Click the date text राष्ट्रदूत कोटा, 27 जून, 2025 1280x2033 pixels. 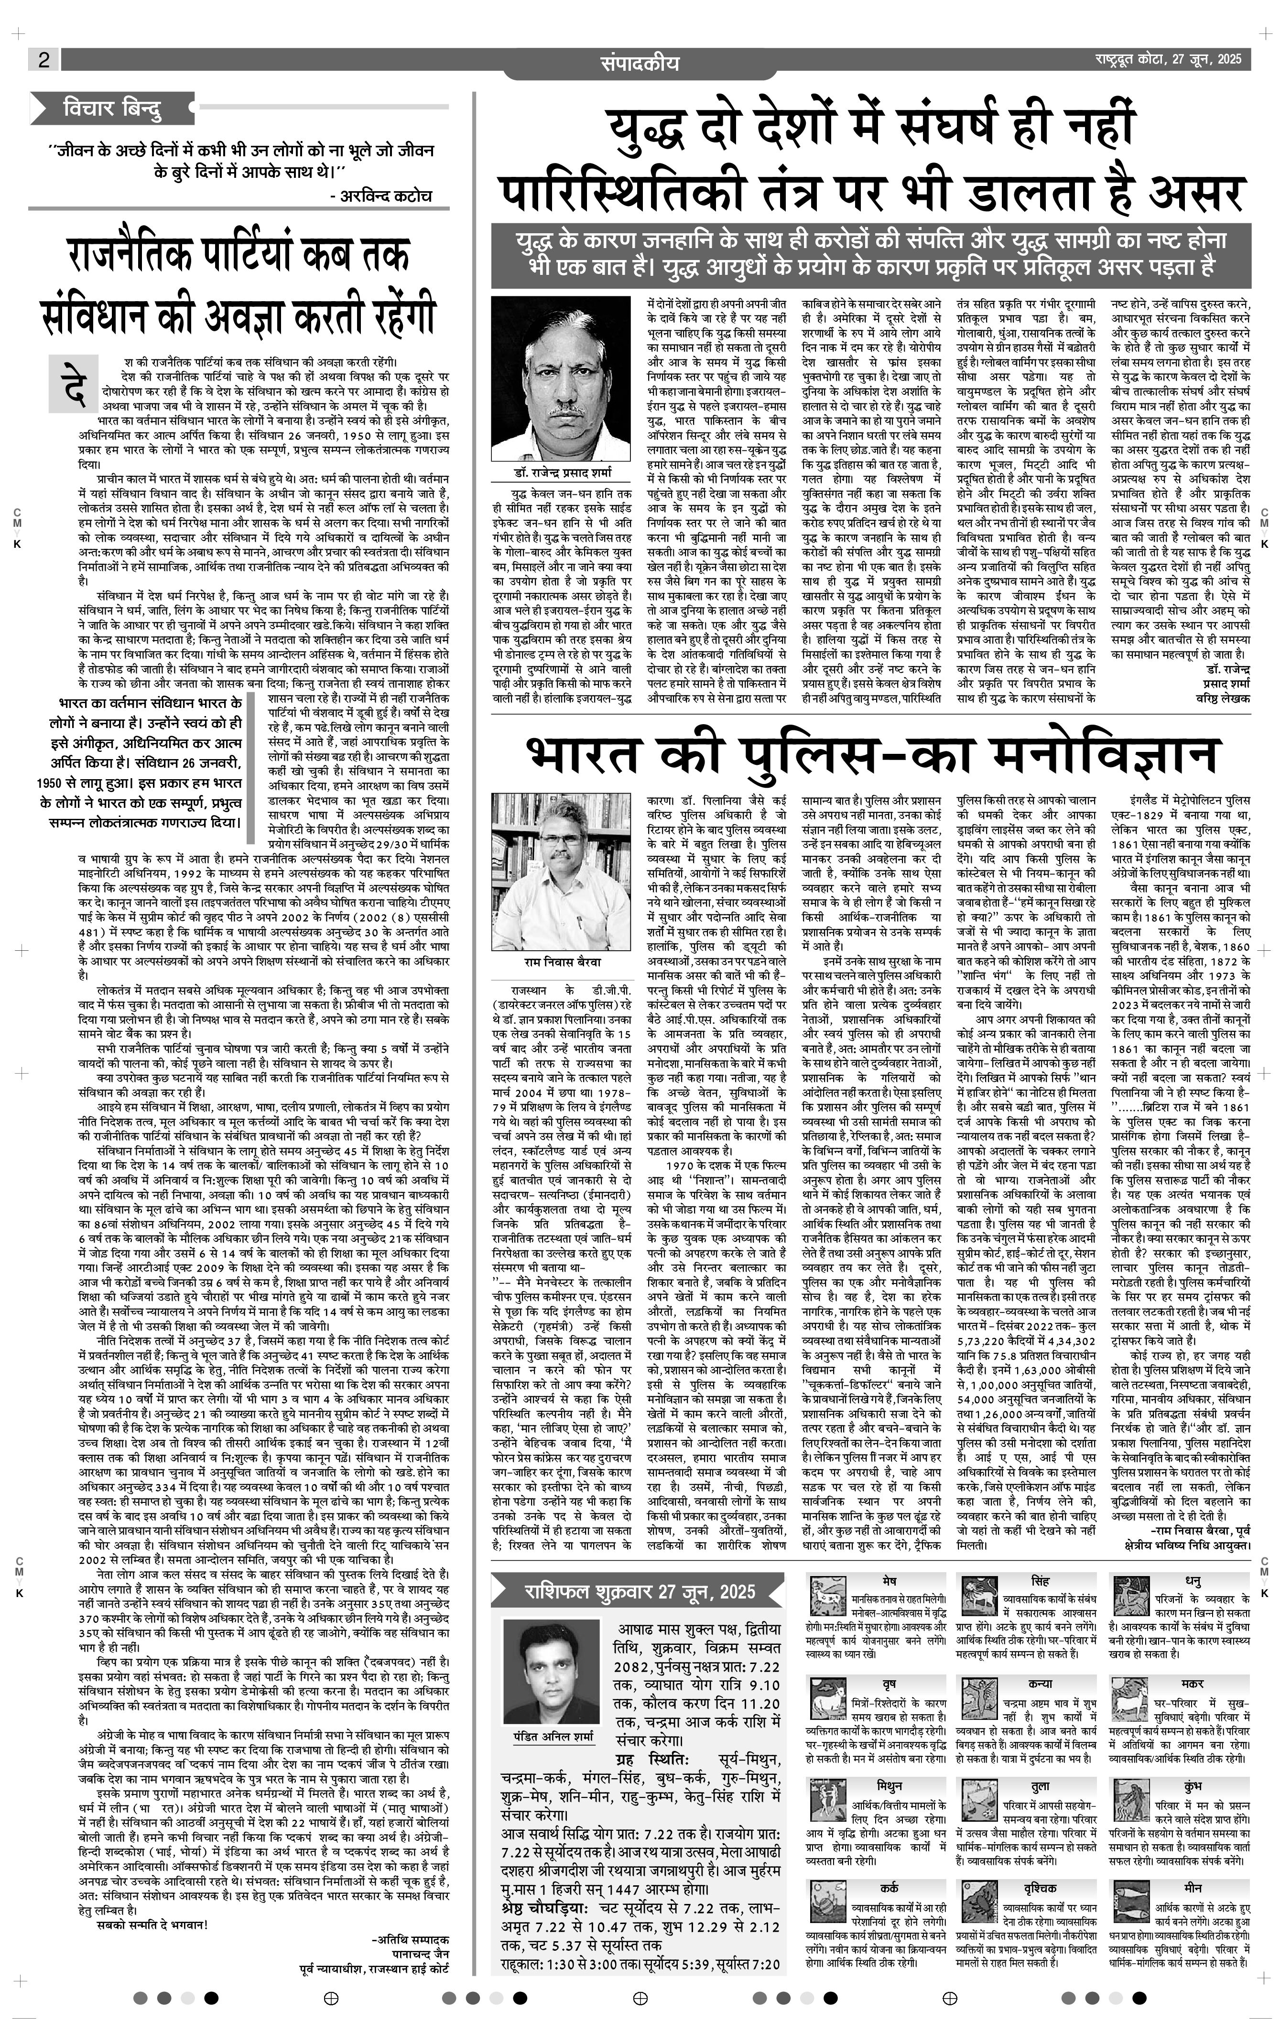point(1169,59)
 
